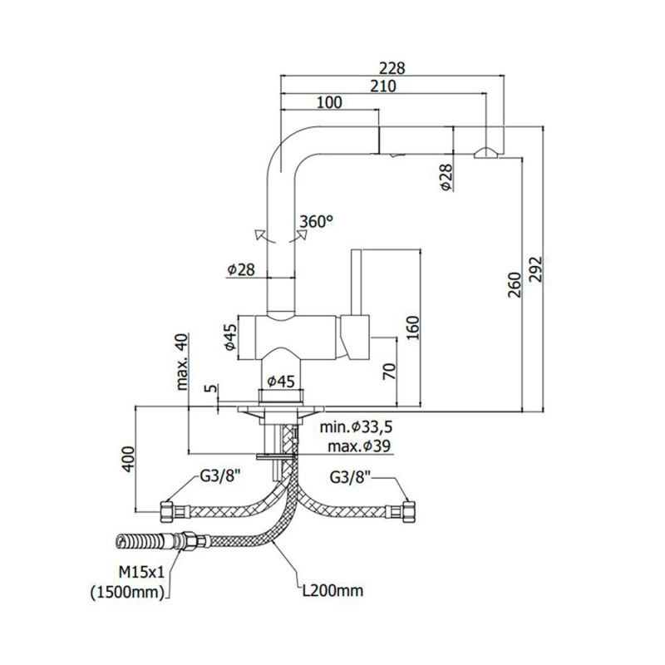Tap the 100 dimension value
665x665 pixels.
click(330, 102)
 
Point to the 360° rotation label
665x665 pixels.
click(316, 222)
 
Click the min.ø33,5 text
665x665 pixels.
click(357, 428)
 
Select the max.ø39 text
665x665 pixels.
click(360, 446)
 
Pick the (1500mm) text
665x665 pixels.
click(130, 592)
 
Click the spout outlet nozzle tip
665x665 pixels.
click(485, 151)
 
